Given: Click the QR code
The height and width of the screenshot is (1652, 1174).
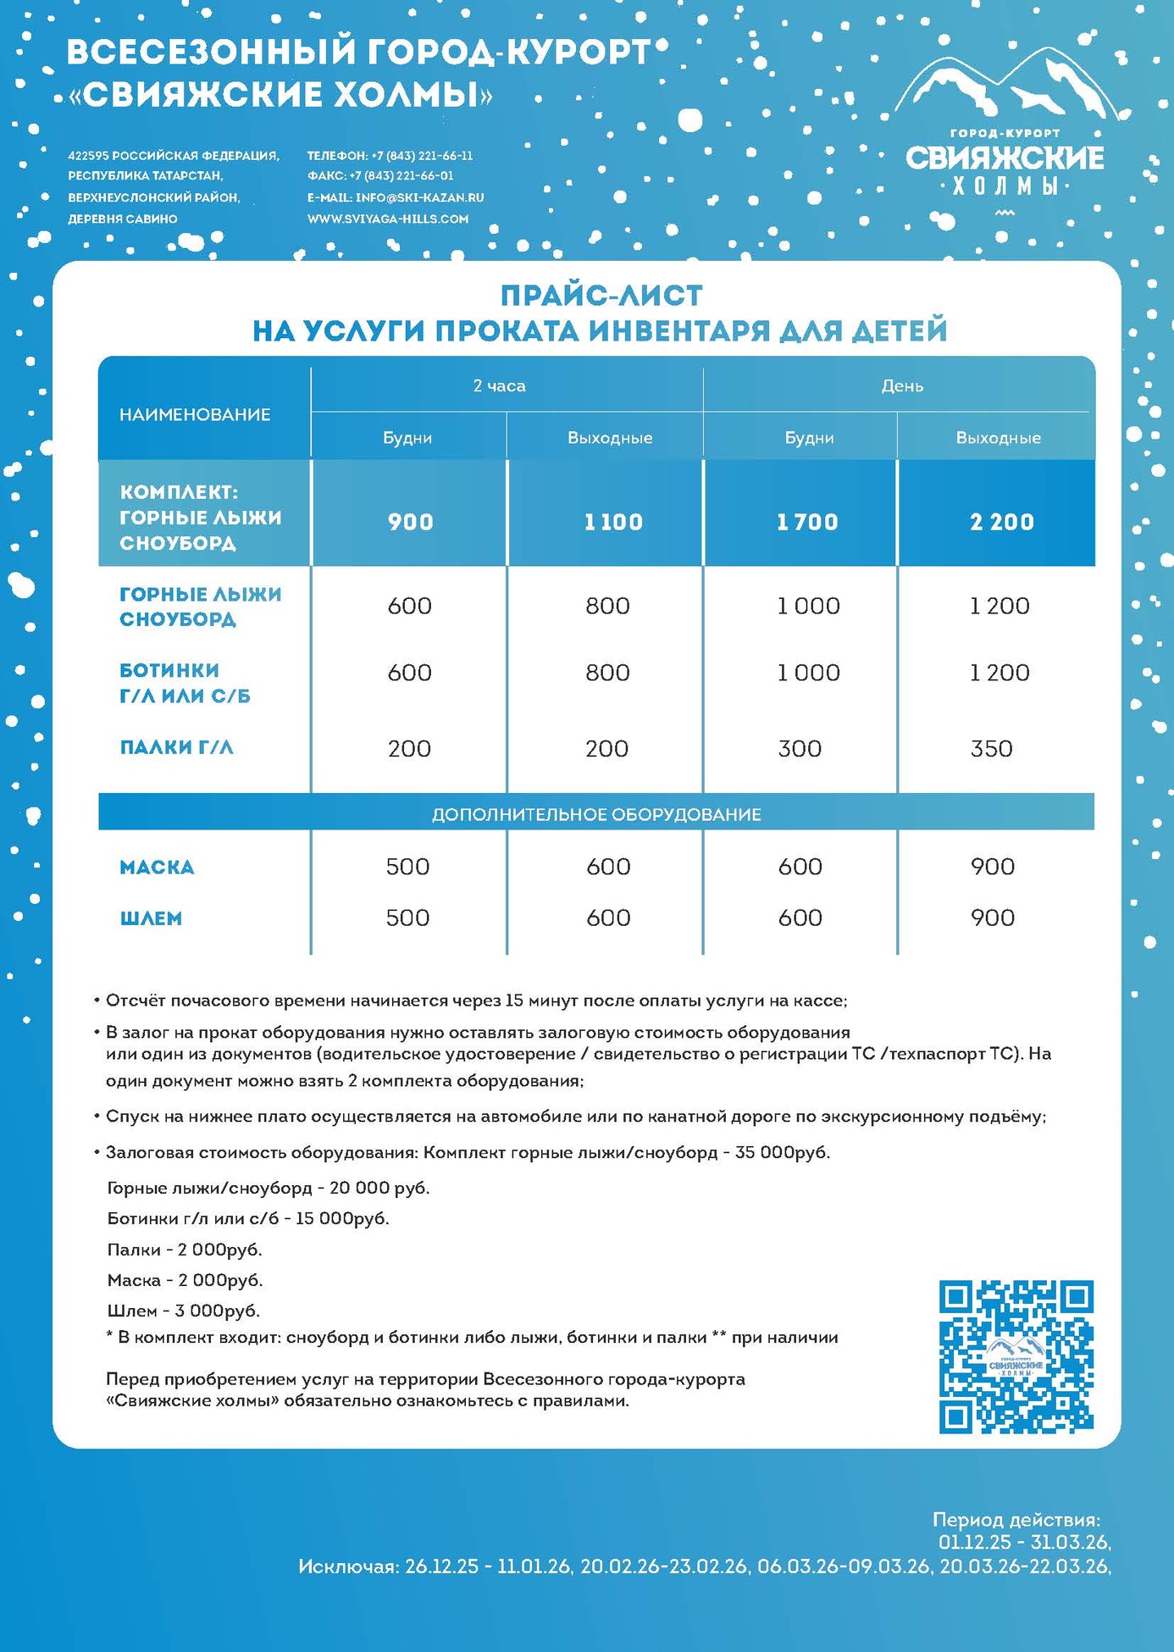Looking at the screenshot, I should [x=1016, y=1356].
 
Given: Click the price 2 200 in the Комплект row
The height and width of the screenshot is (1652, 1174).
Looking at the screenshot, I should [x=1002, y=522].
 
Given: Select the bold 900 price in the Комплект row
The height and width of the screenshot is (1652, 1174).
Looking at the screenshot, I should [x=411, y=522].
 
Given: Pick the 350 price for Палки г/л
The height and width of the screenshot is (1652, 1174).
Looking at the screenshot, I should [x=991, y=749].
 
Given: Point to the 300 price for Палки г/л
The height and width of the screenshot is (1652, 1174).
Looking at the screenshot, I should [x=800, y=749].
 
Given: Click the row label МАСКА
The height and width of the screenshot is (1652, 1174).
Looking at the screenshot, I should [x=157, y=868].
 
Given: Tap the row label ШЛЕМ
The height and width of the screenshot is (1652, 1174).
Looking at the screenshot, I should [x=151, y=918].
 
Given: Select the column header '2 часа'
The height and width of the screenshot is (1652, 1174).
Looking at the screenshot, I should [x=499, y=386].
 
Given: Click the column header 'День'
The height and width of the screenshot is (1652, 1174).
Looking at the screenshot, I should [x=901, y=386].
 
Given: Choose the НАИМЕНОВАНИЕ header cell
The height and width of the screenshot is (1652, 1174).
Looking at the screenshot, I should [x=195, y=414].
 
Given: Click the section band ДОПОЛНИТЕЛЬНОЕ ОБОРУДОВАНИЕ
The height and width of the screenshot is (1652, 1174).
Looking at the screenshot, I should [x=596, y=815].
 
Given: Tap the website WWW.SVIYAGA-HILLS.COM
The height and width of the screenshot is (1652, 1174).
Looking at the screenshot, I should [x=387, y=219].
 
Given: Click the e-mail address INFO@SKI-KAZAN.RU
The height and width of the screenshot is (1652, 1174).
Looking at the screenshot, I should [x=419, y=197].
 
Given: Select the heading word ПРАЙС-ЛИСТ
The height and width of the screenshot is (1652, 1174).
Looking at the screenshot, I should [x=601, y=296].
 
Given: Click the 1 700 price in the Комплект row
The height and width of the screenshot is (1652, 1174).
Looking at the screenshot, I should [x=807, y=522].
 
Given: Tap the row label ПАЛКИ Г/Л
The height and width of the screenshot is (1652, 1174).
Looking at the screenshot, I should [x=176, y=748].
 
